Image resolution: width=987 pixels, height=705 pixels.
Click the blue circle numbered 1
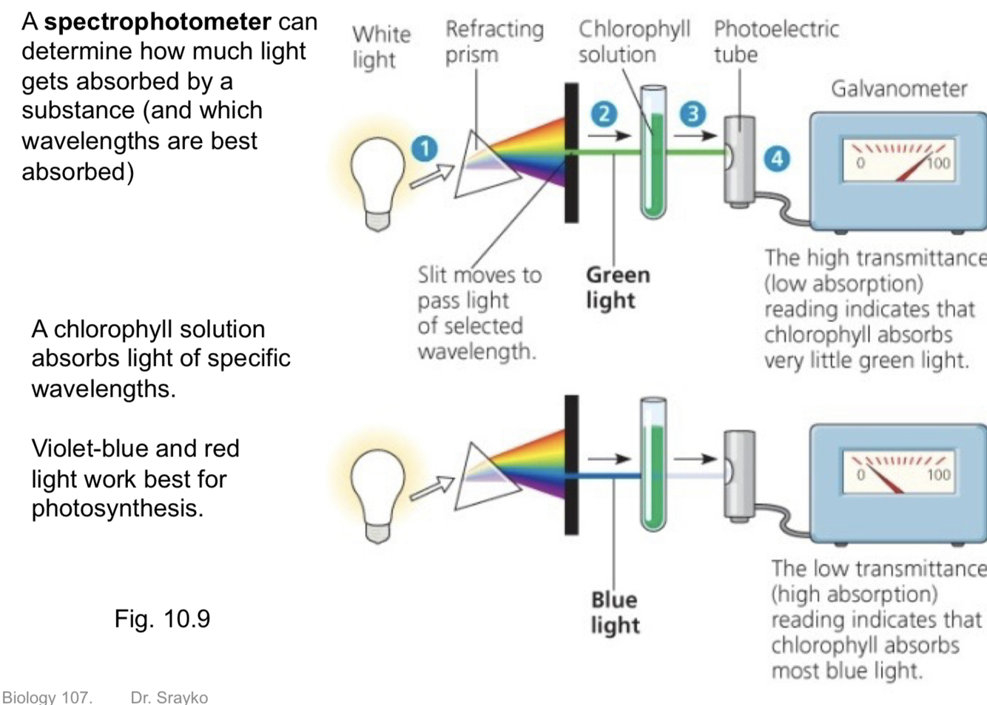tap(425, 149)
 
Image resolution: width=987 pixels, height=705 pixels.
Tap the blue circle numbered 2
tap(604, 114)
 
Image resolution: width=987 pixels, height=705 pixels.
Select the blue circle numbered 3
tap(693, 114)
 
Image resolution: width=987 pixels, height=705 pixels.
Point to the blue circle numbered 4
tap(776, 158)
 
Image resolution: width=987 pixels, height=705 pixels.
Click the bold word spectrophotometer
tap(157, 21)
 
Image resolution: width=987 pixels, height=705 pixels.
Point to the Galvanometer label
tap(898, 89)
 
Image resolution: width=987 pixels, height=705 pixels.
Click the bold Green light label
tap(617, 287)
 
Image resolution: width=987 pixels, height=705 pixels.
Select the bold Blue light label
tap(614, 612)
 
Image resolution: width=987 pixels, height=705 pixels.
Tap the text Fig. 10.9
tap(162, 618)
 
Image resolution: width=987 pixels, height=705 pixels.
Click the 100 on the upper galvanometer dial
tap(938, 163)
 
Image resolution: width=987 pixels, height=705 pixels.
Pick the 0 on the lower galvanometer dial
tap(860, 474)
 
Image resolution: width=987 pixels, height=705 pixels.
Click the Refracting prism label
tap(494, 41)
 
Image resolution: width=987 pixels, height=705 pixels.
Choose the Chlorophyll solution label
tap(633, 41)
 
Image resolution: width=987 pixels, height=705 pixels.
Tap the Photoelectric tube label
tap(775, 41)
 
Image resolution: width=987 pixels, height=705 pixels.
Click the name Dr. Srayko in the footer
tap(169, 697)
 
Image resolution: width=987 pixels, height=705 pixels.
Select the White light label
tap(380, 46)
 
